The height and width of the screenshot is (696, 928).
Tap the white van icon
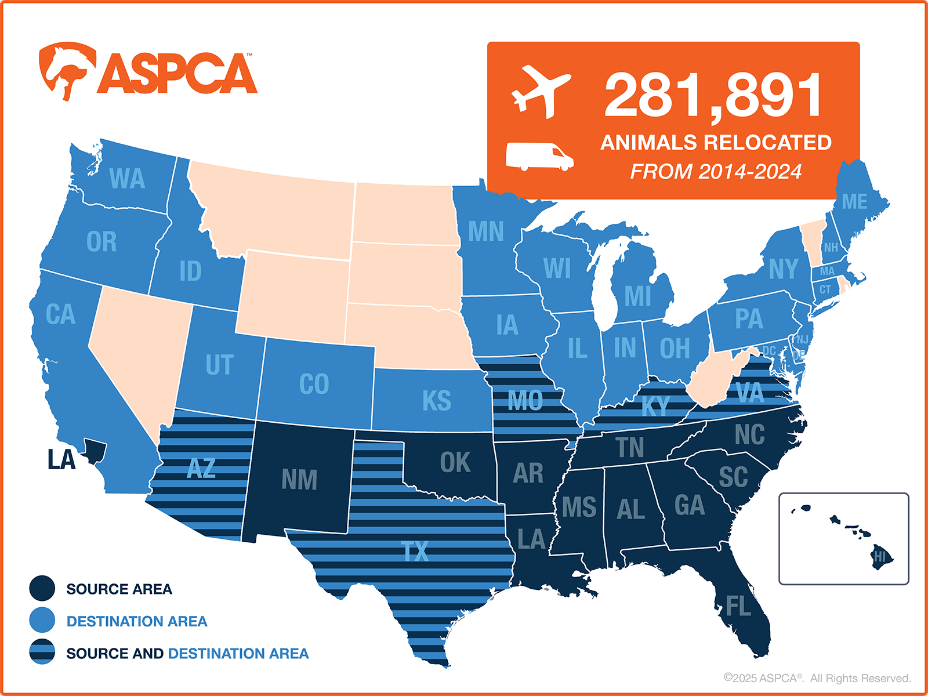(539, 156)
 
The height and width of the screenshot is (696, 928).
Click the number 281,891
(713, 96)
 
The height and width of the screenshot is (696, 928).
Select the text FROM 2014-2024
(716, 172)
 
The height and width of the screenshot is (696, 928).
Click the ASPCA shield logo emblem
(66, 70)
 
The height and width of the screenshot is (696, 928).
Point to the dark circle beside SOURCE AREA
(42, 588)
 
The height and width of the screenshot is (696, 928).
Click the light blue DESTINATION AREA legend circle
(42, 620)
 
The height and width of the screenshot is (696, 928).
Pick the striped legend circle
(42, 652)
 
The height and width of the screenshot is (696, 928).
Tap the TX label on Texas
(415, 552)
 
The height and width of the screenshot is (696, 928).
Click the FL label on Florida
(738, 607)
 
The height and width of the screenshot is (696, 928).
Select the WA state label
(127, 179)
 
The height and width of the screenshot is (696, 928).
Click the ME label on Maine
(854, 202)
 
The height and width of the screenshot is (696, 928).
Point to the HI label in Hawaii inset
(880, 557)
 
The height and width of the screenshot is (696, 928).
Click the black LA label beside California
(61, 460)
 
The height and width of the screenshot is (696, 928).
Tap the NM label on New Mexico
(299, 480)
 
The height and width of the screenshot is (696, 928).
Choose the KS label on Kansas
(436, 401)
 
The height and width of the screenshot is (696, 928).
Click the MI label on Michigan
(637, 296)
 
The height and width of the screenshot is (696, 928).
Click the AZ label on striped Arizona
(201, 468)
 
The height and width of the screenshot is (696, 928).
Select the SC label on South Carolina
(733, 477)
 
